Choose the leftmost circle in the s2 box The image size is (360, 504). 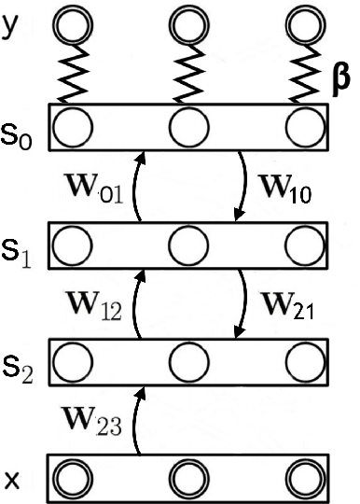click(x=72, y=364)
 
